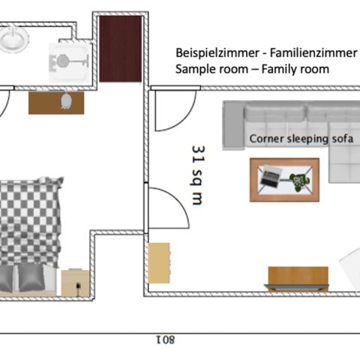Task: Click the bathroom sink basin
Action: [13, 39]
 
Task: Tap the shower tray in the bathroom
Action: [70, 63]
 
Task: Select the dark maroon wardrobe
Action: [121, 49]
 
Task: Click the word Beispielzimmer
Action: [217, 53]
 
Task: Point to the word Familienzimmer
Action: [313, 53]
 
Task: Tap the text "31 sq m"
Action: [199, 175]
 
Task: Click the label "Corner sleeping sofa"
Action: [301, 139]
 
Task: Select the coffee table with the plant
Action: [284, 180]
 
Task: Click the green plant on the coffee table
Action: [299, 181]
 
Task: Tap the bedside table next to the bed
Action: [75, 283]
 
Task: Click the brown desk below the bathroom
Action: [56, 103]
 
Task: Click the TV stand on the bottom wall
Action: [298, 279]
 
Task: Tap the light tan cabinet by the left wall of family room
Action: [159, 263]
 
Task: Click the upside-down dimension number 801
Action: [166, 340]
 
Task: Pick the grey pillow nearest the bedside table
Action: [31, 277]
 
